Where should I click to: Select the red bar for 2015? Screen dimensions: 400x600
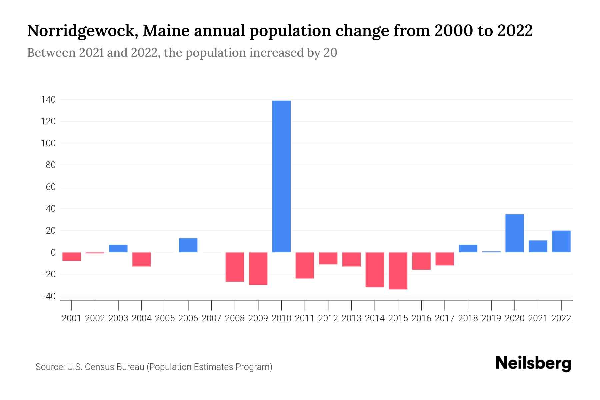pos(398,271)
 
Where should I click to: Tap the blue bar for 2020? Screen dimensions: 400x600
pos(514,233)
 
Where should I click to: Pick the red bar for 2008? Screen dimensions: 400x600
pos(235,267)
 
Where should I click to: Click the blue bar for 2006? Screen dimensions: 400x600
pos(188,245)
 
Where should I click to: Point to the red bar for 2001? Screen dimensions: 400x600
pos(71,257)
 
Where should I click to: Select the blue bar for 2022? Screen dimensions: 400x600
pos(561,241)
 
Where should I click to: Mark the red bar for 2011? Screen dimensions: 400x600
pos(305,265)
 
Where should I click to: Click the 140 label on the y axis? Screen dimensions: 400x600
pos(48,100)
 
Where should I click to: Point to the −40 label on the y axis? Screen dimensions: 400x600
pos(48,296)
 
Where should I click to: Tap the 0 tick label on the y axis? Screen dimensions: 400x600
pos(53,253)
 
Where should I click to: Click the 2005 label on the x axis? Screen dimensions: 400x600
pos(165,318)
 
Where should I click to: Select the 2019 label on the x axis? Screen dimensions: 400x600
pos(491,318)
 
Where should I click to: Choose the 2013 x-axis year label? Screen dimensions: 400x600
pos(351,318)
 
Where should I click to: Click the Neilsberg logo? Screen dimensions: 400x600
pos(533,364)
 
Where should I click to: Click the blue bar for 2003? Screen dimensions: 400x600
pos(118,248)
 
